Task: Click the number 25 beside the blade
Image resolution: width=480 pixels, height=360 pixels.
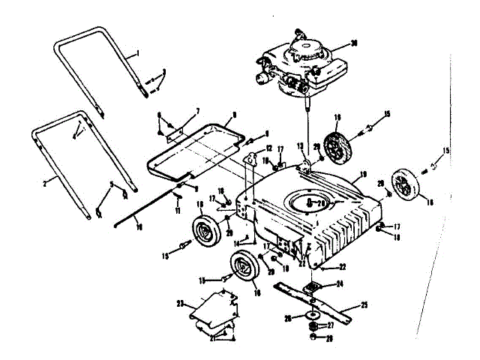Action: (365, 305)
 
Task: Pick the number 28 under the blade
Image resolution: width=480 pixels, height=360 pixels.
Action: (328, 338)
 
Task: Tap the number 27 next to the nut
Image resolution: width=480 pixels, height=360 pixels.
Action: (329, 326)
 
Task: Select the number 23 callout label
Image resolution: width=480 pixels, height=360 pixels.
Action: (180, 303)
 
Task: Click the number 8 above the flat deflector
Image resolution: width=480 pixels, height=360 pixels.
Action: (234, 115)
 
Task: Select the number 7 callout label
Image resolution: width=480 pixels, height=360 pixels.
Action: (197, 111)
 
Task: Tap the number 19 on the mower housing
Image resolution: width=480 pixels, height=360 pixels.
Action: (362, 175)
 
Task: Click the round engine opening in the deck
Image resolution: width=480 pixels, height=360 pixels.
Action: (308, 202)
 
